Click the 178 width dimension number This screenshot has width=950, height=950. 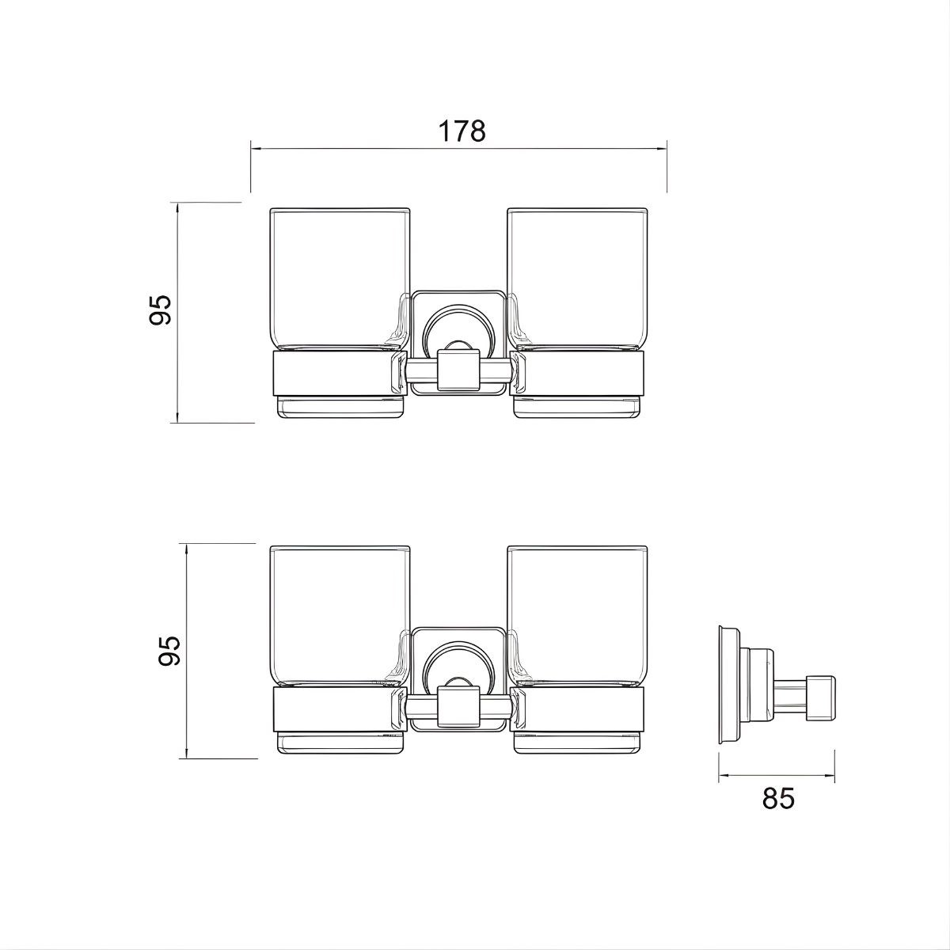coord(462,131)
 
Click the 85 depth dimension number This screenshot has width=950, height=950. coord(777,799)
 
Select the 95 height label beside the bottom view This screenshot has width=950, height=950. coord(168,651)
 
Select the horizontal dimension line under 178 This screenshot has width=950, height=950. coord(458,148)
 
